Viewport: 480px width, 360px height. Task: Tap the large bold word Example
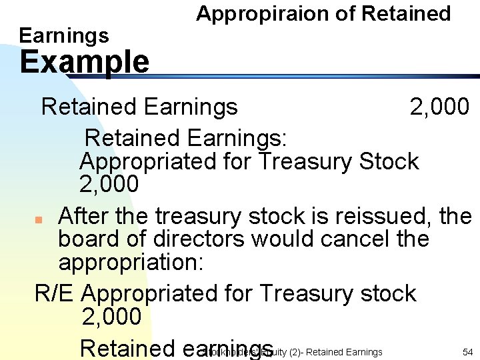85,62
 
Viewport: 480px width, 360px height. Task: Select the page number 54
467,351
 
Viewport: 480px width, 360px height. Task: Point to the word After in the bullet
83,216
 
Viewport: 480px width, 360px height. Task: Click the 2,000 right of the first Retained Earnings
440,106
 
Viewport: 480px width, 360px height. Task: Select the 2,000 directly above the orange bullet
109,184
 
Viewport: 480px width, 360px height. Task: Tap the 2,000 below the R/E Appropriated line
112,317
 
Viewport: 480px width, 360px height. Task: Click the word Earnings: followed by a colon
237,138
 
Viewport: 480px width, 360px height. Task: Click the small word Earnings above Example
64,35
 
